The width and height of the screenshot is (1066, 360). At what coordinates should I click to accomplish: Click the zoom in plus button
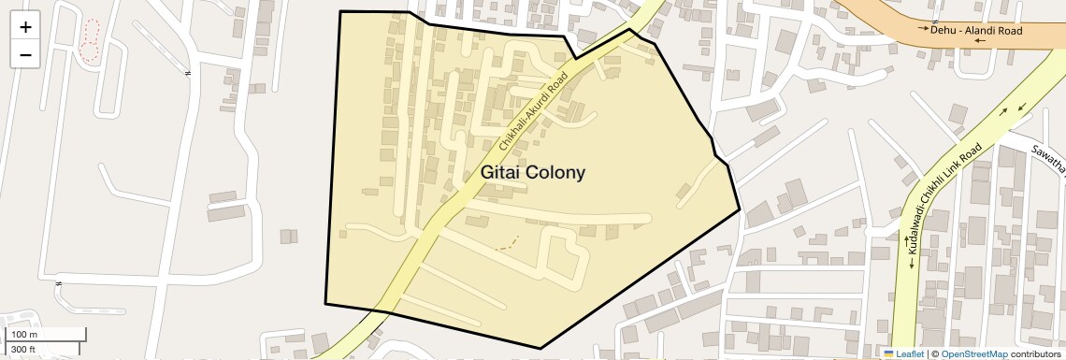[25, 27]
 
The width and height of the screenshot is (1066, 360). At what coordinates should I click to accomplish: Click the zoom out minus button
[25, 54]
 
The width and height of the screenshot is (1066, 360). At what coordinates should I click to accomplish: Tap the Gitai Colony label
[533, 173]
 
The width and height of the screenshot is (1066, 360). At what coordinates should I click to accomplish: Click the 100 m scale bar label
[24, 335]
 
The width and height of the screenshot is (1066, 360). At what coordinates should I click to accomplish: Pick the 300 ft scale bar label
[24, 350]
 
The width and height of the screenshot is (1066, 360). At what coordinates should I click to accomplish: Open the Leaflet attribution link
[910, 353]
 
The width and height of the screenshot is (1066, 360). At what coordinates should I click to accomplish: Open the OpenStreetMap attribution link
[973, 353]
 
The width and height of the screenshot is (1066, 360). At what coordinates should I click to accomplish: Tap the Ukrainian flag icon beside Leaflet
[889, 353]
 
